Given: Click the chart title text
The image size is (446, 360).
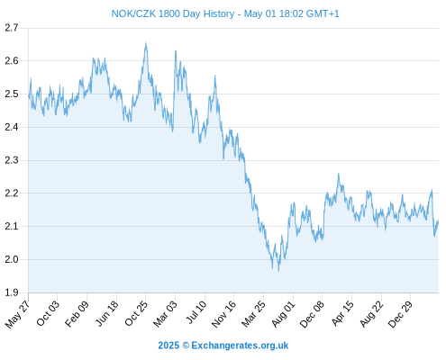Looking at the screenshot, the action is tap(225, 13).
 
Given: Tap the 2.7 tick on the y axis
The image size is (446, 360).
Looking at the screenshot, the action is tap(12, 28).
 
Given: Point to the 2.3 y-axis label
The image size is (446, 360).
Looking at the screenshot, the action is tap(12, 160).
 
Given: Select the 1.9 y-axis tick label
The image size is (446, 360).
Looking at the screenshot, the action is tap(12, 292).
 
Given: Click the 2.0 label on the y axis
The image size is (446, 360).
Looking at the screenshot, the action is tap(12, 259).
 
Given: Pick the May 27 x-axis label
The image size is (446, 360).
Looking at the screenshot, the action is tap(17, 314).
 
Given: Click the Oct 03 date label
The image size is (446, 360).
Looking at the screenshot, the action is tap(48, 313).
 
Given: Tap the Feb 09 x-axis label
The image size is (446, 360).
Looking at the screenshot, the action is tap(77, 313).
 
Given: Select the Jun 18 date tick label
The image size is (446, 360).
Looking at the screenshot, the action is tap(107, 313).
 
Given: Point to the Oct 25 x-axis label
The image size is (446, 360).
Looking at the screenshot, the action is tap(136, 313).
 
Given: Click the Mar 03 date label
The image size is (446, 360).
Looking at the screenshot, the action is tap(165, 314).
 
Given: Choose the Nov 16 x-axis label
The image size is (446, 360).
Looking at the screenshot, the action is tap(223, 314).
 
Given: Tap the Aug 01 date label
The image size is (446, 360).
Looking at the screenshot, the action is tap(284, 314).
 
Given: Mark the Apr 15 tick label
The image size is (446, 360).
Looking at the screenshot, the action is tap(342, 313).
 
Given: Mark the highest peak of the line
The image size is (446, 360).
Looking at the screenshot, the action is tap(146, 42).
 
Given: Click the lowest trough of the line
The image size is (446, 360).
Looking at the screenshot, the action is tap(278, 271).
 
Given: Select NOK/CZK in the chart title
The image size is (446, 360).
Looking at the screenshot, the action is tap(133, 13).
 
